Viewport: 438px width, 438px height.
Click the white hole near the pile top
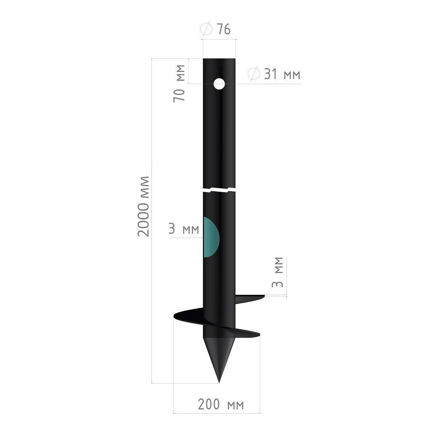(x=219, y=84)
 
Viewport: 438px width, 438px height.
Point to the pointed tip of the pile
(x=219, y=382)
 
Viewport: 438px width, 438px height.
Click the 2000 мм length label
(x=144, y=207)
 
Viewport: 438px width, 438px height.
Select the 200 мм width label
(x=221, y=404)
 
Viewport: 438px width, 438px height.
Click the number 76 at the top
(x=224, y=30)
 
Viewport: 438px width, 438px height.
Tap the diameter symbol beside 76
(x=207, y=30)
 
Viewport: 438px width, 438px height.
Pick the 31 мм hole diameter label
(x=282, y=74)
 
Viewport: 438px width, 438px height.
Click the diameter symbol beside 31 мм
(x=254, y=74)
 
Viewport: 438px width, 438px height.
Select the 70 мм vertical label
(x=179, y=83)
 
